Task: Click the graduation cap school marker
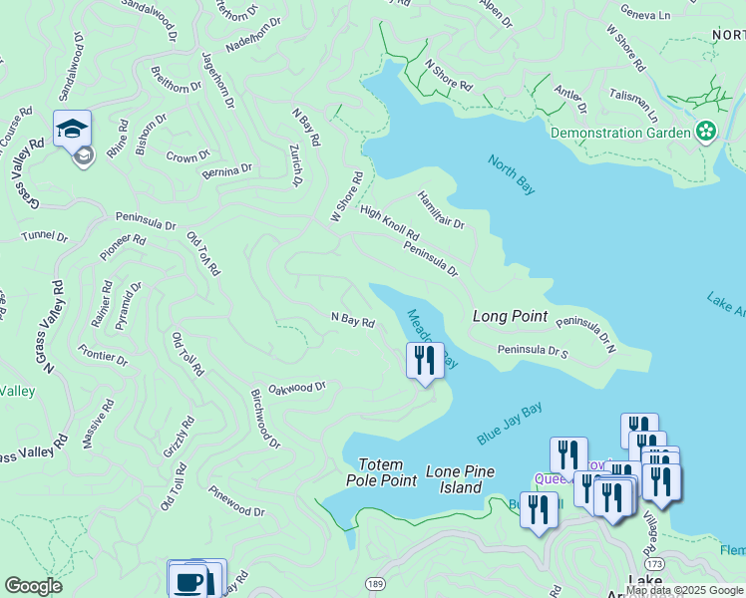(73, 130)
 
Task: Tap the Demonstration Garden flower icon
(706, 132)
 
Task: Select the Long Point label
(510, 317)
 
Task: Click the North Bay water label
(512, 174)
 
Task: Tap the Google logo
(33, 586)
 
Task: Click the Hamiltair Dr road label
(441, 209)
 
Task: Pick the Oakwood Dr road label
(297, 387)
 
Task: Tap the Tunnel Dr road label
(45, 237)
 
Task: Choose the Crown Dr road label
(187, 156)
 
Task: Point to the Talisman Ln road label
(634, 97)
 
